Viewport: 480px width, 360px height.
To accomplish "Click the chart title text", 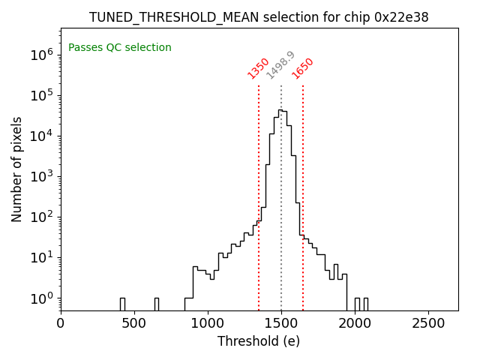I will pyautogui.click(x=259, y=17).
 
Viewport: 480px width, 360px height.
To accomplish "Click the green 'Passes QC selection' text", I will pyautogui.click(x=120, y=48).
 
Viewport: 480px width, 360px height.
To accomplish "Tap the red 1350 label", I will pyautogui.click(x=258, y=68).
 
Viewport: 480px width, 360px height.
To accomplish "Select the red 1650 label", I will pyautogui.click(x=303, y=68).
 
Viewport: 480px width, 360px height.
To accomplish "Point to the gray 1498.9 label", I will pyautogui.click(x=280, y=65).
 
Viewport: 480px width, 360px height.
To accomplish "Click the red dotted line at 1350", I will pyautogui.click(x=259, y=187).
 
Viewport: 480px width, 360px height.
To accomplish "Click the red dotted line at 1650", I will pyautogui.click(x=303, y=187).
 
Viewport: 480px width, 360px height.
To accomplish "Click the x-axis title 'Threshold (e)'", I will pyautogui.click(x=259, y=341).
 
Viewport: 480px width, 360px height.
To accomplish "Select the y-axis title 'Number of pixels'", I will pyautogui.click(x=17, y=169).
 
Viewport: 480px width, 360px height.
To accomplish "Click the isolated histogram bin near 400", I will pyautogui.click(x=122, y=304).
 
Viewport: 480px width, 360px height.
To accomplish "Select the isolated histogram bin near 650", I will pyautogui.click(x=156, y=304).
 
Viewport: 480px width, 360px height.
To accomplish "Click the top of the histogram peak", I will pyautogui.click(x=280, y=110).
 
